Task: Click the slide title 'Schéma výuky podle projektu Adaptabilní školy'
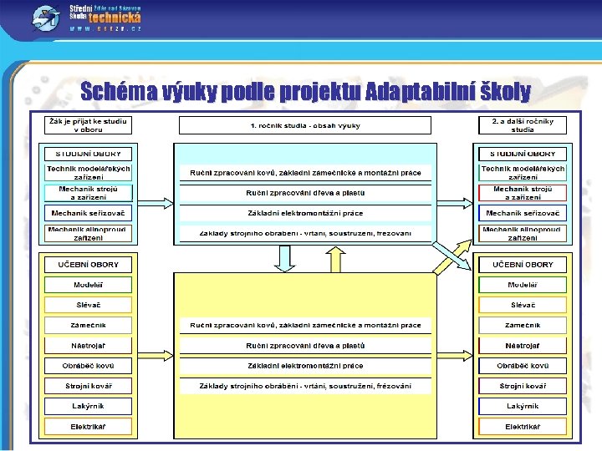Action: click(x=305, y=91)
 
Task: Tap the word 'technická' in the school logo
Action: click(x=115, y=17)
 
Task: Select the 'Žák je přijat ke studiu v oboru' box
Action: click(x=88, y=125)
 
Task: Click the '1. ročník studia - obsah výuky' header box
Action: click(x=305, y=125)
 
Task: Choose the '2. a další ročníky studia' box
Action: click(x=523, y=125)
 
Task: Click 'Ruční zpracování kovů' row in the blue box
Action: click(x=305, y=173)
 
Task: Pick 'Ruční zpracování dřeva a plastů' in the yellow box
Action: click(x=305, y=345)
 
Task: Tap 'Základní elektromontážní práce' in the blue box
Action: click(x=305, y=213)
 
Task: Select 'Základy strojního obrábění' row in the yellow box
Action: click(x=305, y=386)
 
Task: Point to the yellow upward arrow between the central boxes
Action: click(x=336, y=260)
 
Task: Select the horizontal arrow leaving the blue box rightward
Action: click(x=456, y=201)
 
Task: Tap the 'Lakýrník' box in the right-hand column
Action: click(x=523, y=406)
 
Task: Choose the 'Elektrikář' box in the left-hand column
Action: click(x=88, y=427)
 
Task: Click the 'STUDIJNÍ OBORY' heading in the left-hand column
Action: click(x=88, y=154)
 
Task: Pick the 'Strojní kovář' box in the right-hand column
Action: click(x=523, y=386)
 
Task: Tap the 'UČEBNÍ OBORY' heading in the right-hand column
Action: click(x=523, y=265)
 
